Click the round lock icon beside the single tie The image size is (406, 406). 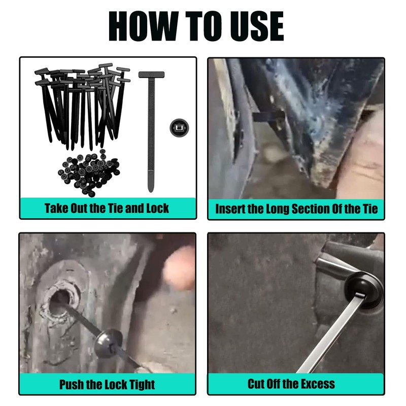(x=179, y=128)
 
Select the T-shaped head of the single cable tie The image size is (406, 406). (x=151, y=75)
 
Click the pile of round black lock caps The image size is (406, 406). (x=89, y=172)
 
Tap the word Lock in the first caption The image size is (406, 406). (x=157, y=208)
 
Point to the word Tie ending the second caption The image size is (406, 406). (x=370, y=209)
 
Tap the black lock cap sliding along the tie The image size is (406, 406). (x=108, y=343)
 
